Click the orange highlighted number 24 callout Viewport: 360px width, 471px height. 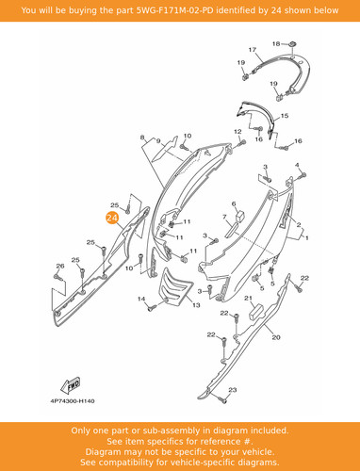[112, 218]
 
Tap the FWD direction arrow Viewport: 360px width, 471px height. [71, 385]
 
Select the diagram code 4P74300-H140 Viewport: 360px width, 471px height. [73, 401]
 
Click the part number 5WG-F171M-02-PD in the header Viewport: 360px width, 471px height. [172, 10]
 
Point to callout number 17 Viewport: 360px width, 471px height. [253, 50]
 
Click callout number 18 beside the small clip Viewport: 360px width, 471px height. [276, 43]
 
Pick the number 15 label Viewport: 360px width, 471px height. [285, 116]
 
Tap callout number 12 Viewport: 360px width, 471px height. [237, 132]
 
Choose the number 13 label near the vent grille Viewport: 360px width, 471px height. [196, 305]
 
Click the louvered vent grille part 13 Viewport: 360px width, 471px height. [175, 285]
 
